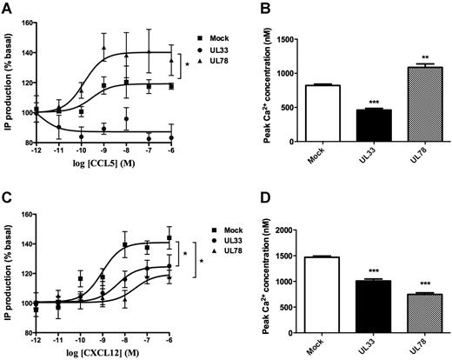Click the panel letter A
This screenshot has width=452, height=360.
(7, 7)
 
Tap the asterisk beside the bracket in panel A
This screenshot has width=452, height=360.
(188, 64)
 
